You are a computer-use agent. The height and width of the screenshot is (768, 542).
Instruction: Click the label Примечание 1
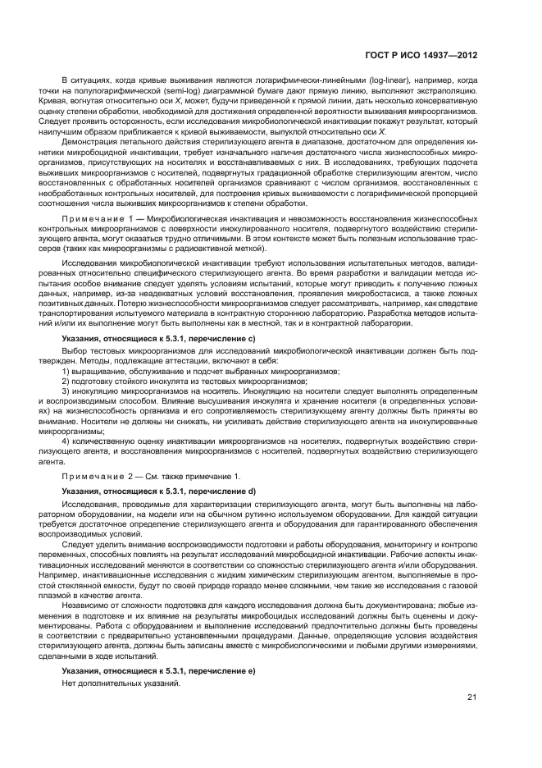click(96, 222)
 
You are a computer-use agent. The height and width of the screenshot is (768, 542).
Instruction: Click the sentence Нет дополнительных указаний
click(121, 684)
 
